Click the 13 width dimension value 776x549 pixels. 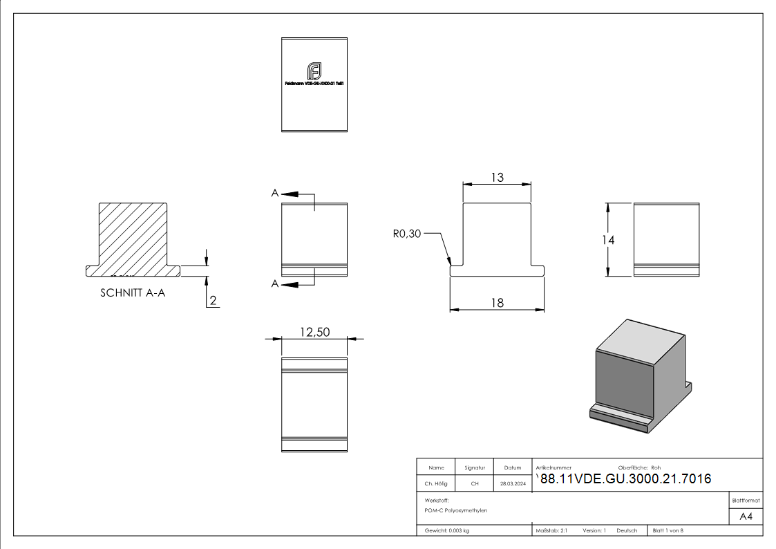[497, 178]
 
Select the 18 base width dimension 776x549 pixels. [497, 302]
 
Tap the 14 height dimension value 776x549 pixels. [608, 240]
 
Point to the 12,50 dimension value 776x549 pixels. [314, 332]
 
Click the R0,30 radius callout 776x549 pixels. [406, 234]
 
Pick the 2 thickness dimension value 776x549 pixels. [214, 300]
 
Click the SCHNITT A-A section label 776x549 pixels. [133, 292]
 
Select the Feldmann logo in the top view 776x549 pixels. [314, 71]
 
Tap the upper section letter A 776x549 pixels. [275, 194]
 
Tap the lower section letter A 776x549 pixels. [275, 283]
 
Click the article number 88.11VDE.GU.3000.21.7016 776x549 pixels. [625, 479]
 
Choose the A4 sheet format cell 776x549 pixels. [746, 517]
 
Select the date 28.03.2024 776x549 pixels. [513, 484]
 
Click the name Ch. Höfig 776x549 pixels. [436, 484]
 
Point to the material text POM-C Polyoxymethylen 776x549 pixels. [456, 510]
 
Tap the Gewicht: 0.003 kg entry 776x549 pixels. [447, 530]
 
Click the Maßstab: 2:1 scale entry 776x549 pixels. [551, 530]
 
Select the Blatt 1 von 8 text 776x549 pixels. [668, 530]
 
